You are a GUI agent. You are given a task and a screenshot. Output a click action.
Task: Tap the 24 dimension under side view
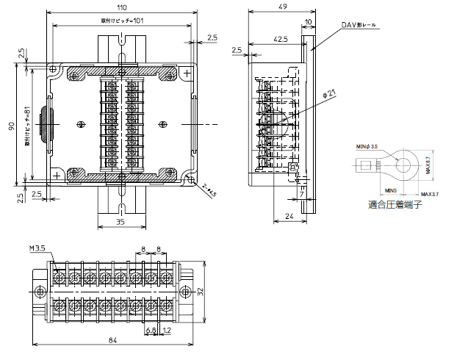point(289,217)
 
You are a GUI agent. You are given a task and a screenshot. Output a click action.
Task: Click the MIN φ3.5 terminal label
point(366,147)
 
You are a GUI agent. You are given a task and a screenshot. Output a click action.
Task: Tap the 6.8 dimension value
point(151,330)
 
